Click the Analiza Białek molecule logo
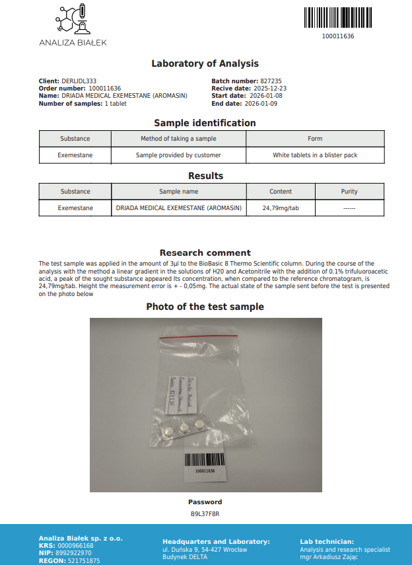[x=73, y=19]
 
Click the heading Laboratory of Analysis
[x=205, y=63]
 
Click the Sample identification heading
[x=205, y=123]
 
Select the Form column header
[x=315, y=139]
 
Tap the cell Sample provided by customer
[x=178, y=155]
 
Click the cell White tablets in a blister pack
[x=315, y=155]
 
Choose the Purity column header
[x=349, y=192]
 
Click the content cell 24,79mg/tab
[x=281, y=208]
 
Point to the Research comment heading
[x=205, y=252]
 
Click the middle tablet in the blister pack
[x=185, y=428]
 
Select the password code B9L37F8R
[x=205, y=513]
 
